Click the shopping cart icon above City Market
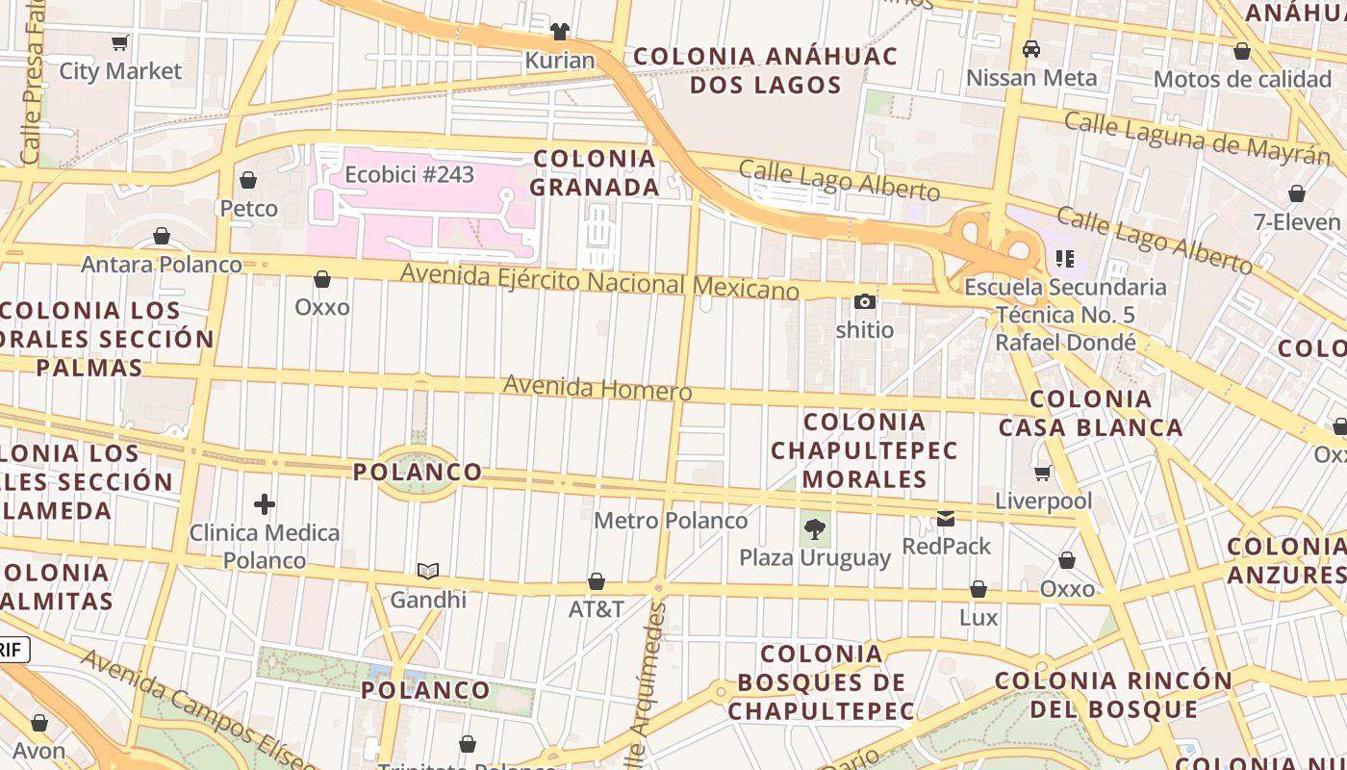pos(120,42)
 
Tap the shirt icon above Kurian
pos(560,32)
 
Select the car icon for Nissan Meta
pos(1031,49)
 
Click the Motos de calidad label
pos(1241,79)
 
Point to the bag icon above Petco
pos(248,180)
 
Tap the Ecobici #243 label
pos(410,174)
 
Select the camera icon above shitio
pos(864,302)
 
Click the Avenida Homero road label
pos(597,388)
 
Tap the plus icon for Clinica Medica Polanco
pos(265,504)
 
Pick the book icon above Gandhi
pos(428,571)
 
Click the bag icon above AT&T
pos(597,581)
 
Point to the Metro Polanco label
pos(671,521)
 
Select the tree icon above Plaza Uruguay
pos(815,528)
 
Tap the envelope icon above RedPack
pos(946,519)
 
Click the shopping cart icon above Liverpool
pos(1043,473)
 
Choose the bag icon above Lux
pos(978,589)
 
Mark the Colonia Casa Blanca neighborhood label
pos(1091,413)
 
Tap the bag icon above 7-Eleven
pos(1297,193)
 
